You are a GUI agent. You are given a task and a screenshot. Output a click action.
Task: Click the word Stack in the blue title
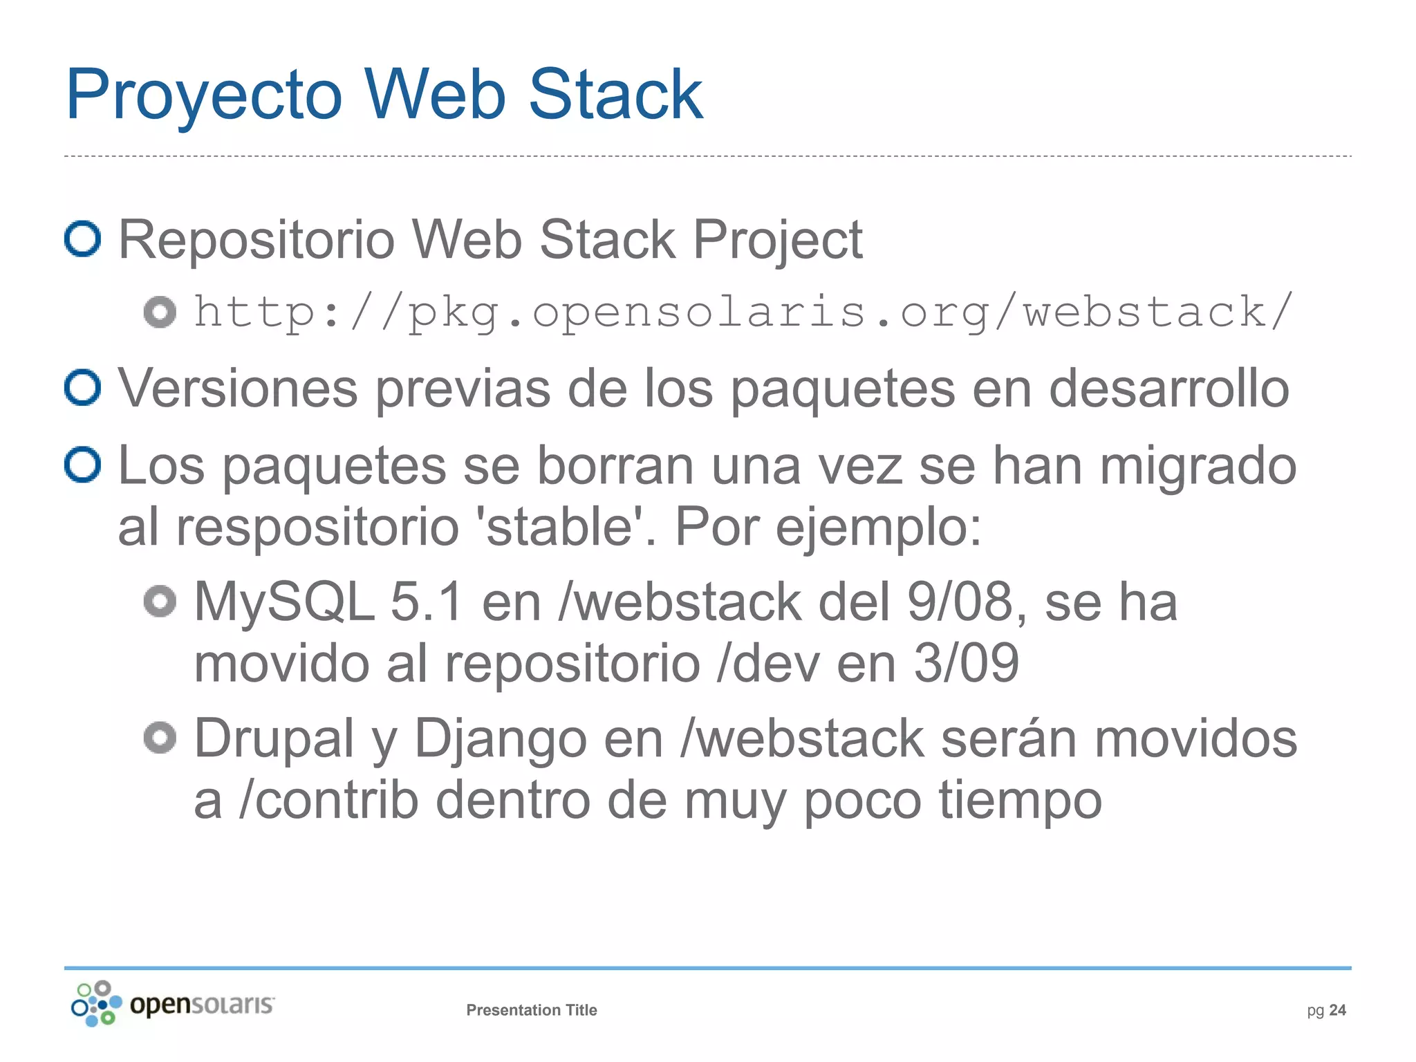click(615, 95)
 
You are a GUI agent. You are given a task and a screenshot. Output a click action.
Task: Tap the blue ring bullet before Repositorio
click(83, 239)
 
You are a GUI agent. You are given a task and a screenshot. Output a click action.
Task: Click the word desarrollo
click(1168, 389)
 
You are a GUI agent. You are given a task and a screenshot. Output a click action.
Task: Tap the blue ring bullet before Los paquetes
click(83, 465)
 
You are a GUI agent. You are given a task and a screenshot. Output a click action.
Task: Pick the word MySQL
click(284, 602)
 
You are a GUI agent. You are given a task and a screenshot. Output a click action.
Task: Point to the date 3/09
click(966, 662)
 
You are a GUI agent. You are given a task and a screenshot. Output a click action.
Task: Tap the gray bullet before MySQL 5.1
click(160, 602)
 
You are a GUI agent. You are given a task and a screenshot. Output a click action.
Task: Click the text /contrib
click(328, 801)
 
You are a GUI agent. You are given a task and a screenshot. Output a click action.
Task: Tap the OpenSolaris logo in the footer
click(173, 1004)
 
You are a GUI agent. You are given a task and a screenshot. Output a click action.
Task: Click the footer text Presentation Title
click(531, 1010)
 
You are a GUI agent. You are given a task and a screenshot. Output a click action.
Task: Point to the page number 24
click(1337, 1010)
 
